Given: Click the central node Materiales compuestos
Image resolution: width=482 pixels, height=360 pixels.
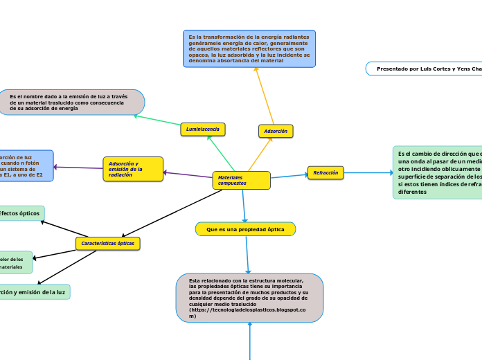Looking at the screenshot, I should pos(241,180).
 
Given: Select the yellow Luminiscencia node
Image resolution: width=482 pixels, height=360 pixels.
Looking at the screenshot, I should pos(203,129).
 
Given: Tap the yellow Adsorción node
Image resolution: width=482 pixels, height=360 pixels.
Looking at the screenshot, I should pos(276,130).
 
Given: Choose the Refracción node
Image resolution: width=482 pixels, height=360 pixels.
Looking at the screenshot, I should pos(325,172).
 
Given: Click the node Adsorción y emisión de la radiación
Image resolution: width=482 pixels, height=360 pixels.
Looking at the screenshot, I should pos(133,169).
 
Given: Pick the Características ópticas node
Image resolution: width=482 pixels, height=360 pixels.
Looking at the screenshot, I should pos(107,244).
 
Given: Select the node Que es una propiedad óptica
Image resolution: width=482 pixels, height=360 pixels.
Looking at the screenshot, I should pos(245,228).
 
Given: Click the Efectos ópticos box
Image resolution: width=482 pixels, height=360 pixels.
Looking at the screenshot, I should pos(21,213).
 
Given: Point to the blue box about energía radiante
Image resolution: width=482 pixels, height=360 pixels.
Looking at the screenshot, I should pos(249,48).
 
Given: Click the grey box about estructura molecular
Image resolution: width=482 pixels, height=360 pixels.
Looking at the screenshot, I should pos(249,298).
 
